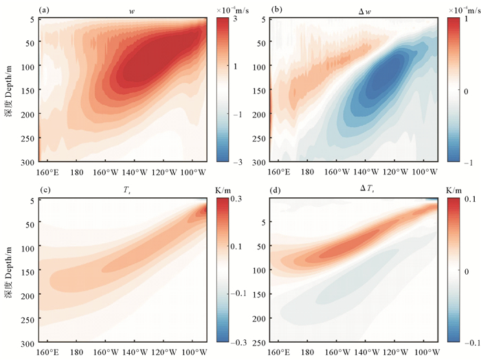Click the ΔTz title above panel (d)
coord(356,190)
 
